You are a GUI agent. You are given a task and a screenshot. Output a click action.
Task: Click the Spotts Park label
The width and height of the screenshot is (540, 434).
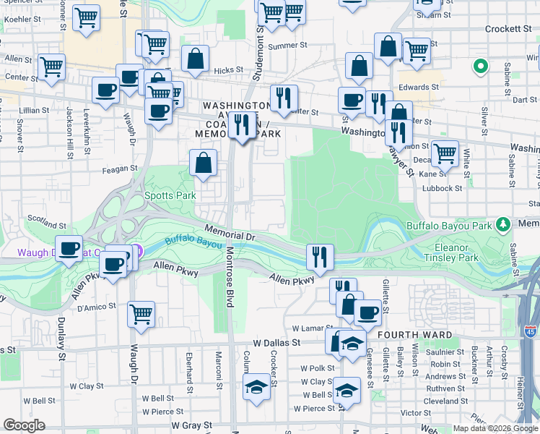pyautogui.click(x=170, y=195)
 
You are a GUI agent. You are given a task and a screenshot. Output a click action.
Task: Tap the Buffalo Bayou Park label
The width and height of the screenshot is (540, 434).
pyautogui.click(x=448, y=226)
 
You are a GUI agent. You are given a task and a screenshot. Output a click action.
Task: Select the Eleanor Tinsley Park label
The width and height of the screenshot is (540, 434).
pyautogui.click(x=453, y=251)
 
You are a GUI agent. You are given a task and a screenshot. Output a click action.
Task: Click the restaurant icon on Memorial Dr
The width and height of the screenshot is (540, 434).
pyautogui.click(x=319, y=256)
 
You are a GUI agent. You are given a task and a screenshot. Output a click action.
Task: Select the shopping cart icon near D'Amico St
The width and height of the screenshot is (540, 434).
pyautogui.click(x=141, y=314)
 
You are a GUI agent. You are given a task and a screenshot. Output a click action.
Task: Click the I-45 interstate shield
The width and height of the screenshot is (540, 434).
pyautogui.click(x=530, y=331)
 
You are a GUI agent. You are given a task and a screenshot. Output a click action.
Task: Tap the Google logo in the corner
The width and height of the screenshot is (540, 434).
pyautogui.click(x=23, y=425)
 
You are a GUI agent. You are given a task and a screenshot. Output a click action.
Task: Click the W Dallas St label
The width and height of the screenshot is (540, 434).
pyautogui.click(x=277, y=341)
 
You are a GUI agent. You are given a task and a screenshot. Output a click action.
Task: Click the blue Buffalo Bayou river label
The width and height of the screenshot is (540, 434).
pyautogui.click(x=193, y=242)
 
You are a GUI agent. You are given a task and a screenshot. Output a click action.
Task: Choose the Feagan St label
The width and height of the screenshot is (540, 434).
pyautogui.click(x=120, y=168)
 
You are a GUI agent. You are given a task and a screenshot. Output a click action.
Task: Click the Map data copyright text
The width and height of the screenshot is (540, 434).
pyautogui.click(x=495, y=428)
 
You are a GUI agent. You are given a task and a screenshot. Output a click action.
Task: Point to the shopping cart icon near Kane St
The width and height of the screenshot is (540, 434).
pyautogui.click(x=445, y=153)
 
